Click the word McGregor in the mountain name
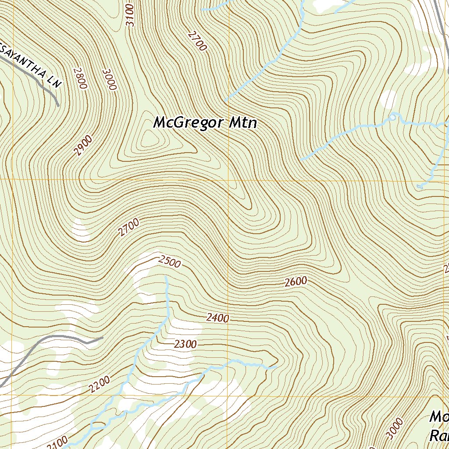(x=188, y=123)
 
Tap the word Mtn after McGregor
(x=242, y=123)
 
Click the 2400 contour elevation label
(x=217, y=318)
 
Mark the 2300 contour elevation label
(x=185, y=344)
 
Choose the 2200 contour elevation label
(x=99, y=385)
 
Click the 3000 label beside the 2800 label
(x=109, y=79)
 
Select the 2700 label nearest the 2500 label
(x=128, y=228)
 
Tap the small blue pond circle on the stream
(x=392, y=117)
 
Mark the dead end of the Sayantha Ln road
(x=58, y=105)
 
